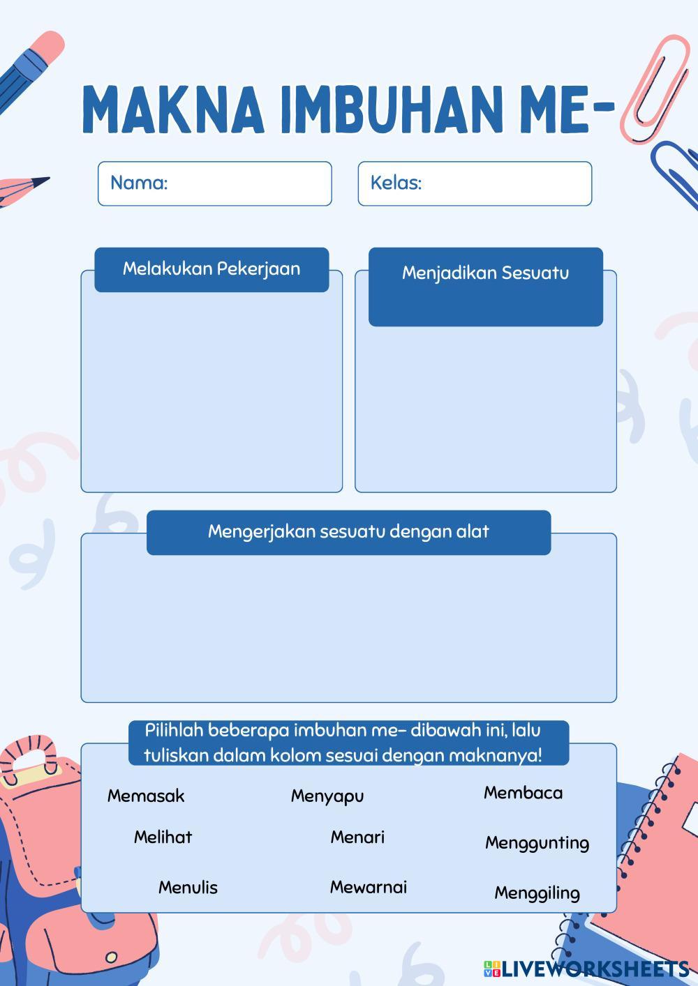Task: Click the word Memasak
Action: tap(146, 796)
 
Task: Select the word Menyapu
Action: tap(327, 796)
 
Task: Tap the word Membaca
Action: tap(523, 793)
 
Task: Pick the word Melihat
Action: tap(163, 837)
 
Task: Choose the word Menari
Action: tap(357, 837)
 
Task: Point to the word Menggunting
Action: tap(537, 843)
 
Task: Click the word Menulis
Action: tap(188, 888)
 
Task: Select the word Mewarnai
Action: tap(368, 887)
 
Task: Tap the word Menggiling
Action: tap(537, 893)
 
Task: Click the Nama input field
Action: tap(215, 183)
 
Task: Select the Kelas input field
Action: tap(475, 183)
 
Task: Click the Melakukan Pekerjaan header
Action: tap(211, 269)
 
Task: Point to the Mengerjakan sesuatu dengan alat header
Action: tap(348, 532)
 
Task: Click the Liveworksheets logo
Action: tap(586, 969)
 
